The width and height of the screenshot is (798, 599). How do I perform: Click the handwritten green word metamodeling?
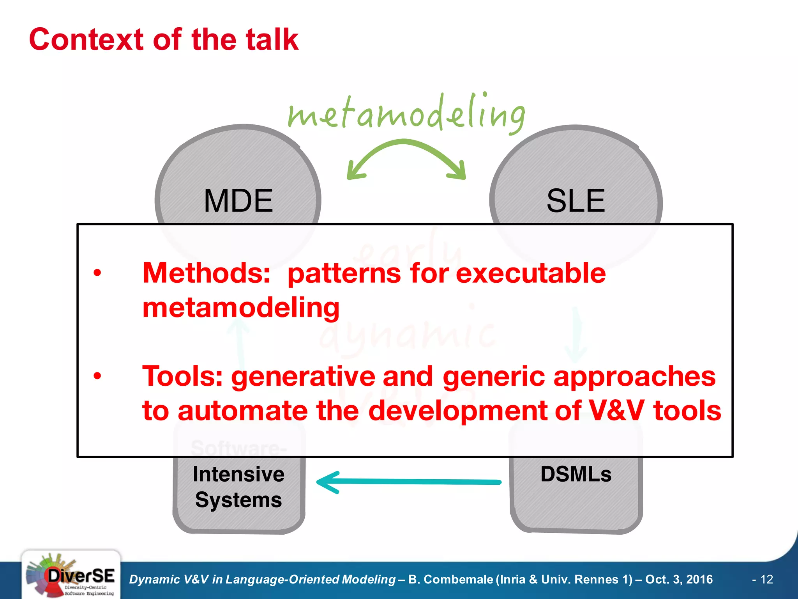[x=406, y=113]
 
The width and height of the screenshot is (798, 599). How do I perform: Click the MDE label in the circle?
[x=238, y=200]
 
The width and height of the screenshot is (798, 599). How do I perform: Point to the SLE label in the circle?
[x=576, y=200]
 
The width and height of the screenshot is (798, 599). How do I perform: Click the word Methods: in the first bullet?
[x=207, y=273]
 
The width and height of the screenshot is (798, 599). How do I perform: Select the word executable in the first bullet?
[x=531, y=273]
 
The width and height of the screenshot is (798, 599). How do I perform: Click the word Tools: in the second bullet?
[x=182, y=376]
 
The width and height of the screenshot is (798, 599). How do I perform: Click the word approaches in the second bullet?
[x=634, y=376]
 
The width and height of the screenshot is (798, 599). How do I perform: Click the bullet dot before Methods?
[x=97, y=273]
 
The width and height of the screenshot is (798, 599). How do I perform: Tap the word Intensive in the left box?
[x=238, y=475]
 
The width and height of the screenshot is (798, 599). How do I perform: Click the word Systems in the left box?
[x=238, y=500]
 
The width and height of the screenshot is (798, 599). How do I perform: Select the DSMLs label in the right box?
[x=576, y=475]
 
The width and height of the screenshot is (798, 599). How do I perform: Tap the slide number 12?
[x=766, y=580]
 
